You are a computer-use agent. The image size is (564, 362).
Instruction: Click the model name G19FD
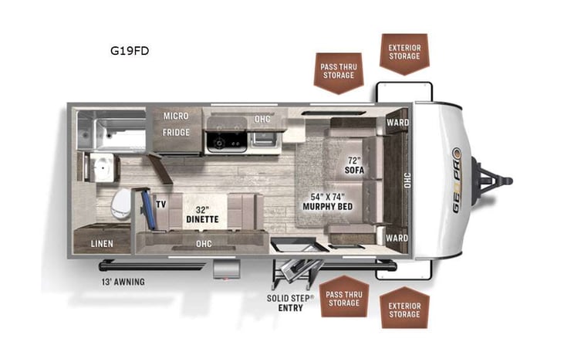pyautogui.click(x=129, y=52)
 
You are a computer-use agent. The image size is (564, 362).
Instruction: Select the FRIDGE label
pyautogui.click(x=176, y=132)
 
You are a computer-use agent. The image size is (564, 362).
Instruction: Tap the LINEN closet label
pyautogui.click(x=102, y=244)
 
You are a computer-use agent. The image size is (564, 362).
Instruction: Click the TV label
pyautogui.click(x=161, y=205)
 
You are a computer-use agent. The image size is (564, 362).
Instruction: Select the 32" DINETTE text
pyautogui.click(x=203, y=214)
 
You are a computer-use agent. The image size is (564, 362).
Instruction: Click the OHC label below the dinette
pyautogui.click(x=204, y=244)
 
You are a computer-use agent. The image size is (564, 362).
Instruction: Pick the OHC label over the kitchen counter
pyautogui.click(x=262, y=119)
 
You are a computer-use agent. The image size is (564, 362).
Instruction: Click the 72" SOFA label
pyautogui.click(x=354, y=164)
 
